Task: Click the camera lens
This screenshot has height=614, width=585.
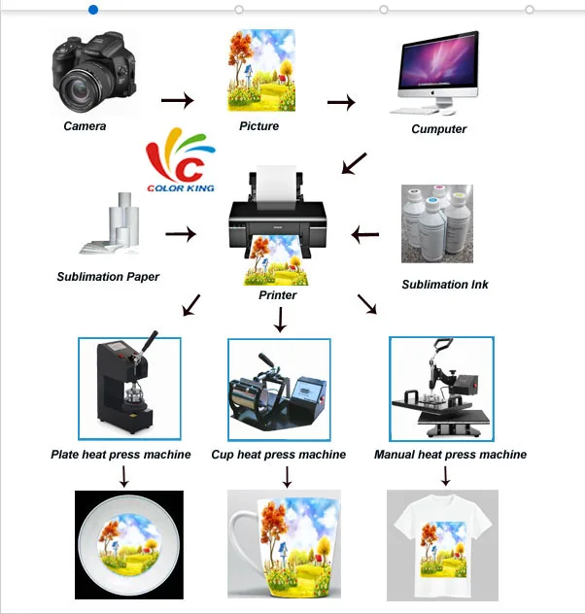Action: pos(83,88)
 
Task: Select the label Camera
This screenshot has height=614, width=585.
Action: pos(86,126)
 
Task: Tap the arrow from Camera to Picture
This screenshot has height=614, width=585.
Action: pos(177,100)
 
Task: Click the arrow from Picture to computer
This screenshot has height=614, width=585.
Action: pos(341,101)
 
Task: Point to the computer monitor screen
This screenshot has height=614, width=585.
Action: pos(438,68)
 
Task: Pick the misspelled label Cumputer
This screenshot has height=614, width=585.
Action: pos(438,129)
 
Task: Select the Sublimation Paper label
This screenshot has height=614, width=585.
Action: pos(108,277)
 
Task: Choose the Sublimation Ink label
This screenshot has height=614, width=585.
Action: pos(445,285)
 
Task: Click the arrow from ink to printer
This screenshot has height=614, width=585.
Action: pos(365,233)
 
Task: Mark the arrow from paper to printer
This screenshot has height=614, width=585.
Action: pos(181,233)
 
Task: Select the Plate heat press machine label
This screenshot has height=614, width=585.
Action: pos(120,455)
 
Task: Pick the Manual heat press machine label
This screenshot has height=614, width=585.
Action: pos(450,455)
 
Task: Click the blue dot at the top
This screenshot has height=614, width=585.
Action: pos(93,10)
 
